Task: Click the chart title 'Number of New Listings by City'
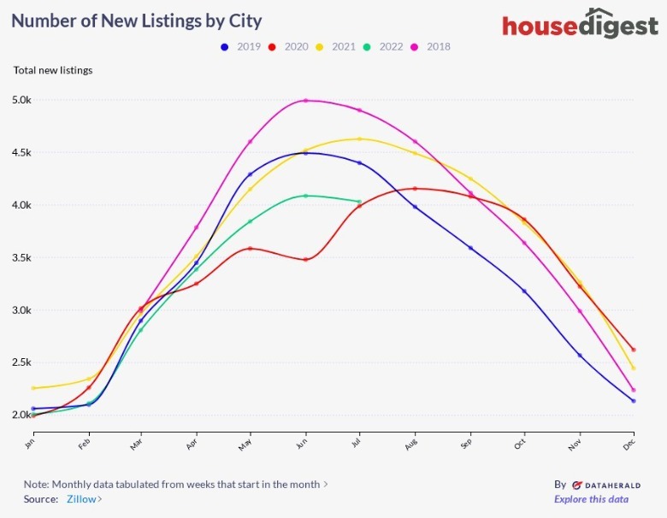click(137, 20)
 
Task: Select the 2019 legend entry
click(242, 47)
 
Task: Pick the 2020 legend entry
click(289, 47)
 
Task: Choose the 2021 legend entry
click(336, 47)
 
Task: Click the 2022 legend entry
click(383, 47)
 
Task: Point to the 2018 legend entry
click(431, 47)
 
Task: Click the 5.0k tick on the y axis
click(21, 100)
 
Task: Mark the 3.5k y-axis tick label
click(21, 257)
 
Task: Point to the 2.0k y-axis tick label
click(21, 415)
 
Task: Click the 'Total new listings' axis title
click(53, 70)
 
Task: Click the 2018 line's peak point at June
click(305, 101)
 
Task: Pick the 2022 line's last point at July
click(360, 202)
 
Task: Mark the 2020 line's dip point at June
click(305, 259)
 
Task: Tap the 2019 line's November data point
click(579, 356)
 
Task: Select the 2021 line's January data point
click(32, 388)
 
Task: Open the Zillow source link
click(84, 499)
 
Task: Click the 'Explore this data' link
click(591, 499)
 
